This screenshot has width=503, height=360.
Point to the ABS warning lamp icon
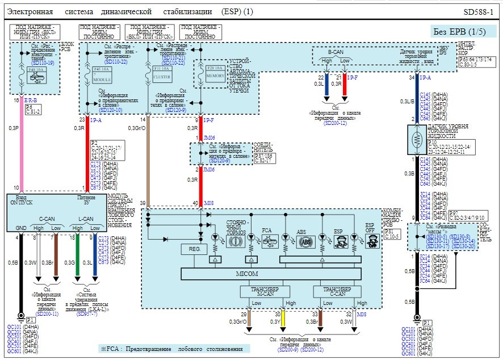[x=306, y=241]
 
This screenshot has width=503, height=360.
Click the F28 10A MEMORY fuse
[x=216, y=74]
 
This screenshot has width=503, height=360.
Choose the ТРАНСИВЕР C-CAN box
[x=336, y=291]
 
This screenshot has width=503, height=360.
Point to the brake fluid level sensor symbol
[x=418, y=138]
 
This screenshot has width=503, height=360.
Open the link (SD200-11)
[x=47, y=313]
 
